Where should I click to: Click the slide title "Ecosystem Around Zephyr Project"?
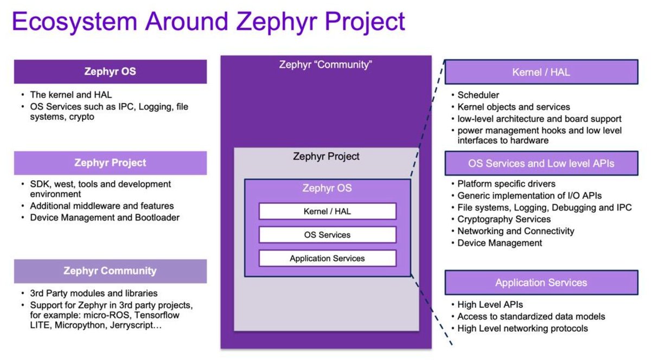coord(208,22)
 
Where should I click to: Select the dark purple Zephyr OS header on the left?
coord(110,72)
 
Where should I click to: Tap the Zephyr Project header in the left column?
coord(110,163)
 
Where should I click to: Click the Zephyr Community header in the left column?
coord(110,271)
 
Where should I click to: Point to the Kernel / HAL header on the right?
coord(541,72)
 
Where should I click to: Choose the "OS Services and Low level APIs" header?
coord(541,163)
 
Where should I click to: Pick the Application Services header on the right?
coord(541,282)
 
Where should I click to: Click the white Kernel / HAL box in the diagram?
coord(327,211)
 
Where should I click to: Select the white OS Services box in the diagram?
coord(327,235)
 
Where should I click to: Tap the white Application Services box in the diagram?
coord(327,258)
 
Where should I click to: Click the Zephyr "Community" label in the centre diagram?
coord(325,65)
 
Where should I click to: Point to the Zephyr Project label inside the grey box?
coord(326,157)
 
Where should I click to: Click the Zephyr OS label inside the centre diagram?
coord(327,189)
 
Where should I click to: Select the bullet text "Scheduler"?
coord(478,95)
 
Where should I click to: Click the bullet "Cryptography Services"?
coord(504,219)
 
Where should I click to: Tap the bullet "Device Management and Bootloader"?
coord(105,217)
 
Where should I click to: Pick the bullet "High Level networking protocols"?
coord(522,328)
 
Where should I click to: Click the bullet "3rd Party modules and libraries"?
coord(94,293)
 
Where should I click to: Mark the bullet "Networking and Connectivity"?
coord(515,231)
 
